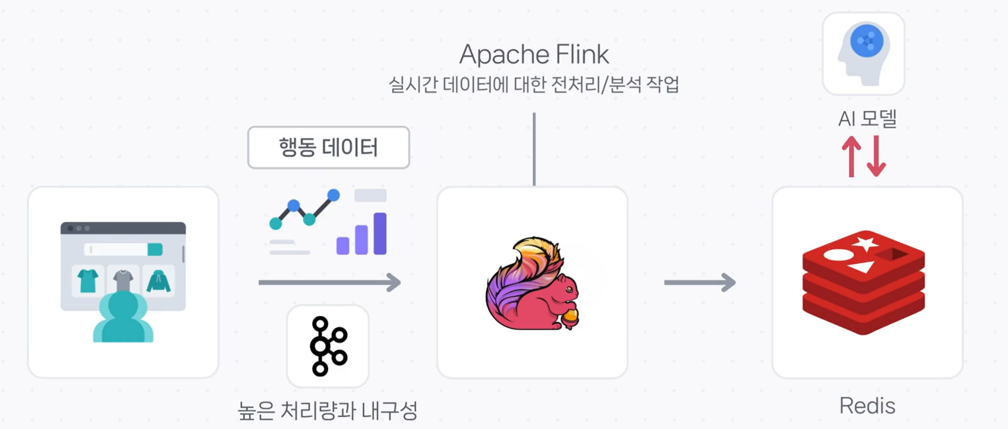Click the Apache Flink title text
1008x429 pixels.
coord(534,54)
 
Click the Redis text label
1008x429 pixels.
coord(867,406)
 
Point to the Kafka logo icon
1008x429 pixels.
coord(328,346)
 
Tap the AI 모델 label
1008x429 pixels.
coord(867,119)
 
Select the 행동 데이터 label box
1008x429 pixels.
coord(328,147)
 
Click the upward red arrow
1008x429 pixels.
coord(851,156)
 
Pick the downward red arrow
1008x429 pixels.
coord(876,156)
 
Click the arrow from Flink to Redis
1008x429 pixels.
coord(699,282)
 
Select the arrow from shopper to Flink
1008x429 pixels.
coord(329,282)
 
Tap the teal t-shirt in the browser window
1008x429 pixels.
coord(88,281)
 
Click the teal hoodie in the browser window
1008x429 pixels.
coord(158,281)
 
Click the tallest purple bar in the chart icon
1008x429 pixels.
coord(380,233)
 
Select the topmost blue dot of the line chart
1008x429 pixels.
coord(333,195)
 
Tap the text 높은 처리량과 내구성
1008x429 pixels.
coord(328,411)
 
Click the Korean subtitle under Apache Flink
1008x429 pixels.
coord(534,85)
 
